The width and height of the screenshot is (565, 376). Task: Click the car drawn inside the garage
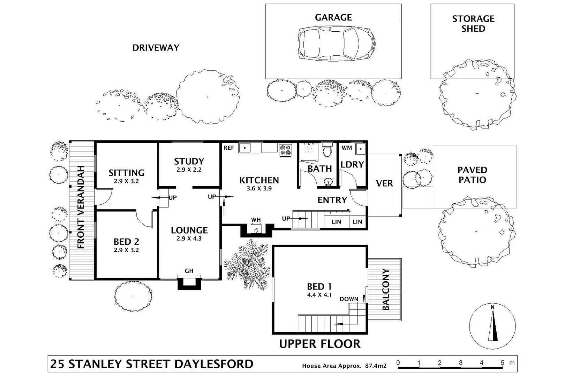coord(336,44)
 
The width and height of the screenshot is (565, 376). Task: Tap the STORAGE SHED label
coord(473,24)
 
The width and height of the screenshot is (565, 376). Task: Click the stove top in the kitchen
coord(285,150)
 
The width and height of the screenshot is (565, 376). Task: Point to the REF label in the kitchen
coord(229,148)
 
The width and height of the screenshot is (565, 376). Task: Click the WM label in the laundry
coord(347,148)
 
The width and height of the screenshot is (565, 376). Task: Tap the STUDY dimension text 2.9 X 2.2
coord(189,170)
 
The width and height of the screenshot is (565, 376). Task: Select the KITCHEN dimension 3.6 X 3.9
coord(259,189)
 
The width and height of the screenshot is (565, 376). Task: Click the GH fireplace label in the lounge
coord(189,271)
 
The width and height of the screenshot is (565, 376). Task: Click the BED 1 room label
coord(319,287)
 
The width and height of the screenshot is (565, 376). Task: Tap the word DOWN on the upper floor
coord(349,299)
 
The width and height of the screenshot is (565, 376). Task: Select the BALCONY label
coord(385,289)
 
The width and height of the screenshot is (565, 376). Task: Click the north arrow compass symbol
coord(492,326)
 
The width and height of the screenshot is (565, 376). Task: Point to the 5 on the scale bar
coord(502,363)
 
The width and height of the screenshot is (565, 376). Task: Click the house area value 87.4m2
coord(376,366)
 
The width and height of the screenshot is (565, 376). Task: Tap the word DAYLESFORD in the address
coord(213,364)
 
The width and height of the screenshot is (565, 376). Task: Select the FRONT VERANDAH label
coord(81,207)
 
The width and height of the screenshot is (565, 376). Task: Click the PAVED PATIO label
coord(472,175)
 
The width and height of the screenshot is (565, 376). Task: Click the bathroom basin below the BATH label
coord(327,182)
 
